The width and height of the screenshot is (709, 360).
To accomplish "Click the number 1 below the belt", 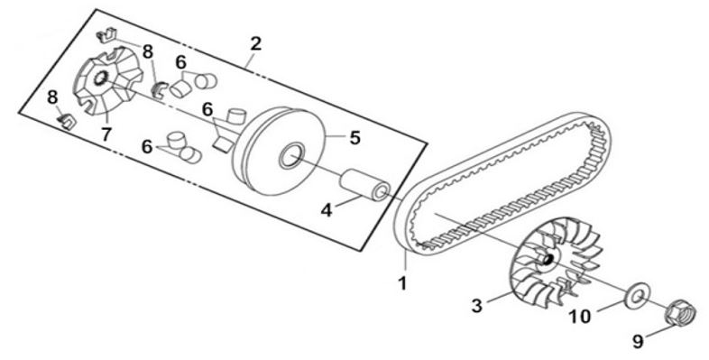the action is [x=402, y=284].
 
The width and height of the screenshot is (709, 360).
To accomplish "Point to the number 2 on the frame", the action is [x=255, y=44].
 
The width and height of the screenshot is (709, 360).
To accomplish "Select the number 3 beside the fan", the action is [x=477, y=306].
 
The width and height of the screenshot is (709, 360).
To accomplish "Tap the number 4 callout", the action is [x=327, y=210].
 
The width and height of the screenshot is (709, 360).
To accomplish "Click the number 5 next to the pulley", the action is [x=355, y=138].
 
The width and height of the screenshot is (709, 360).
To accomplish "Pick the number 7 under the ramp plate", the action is [x=106, y=134].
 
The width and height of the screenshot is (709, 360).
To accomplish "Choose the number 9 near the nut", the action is [x=637, y=341].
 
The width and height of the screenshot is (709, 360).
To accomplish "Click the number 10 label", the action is [x=580, y=317].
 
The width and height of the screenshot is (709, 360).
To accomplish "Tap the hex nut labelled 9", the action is [x=681, y=312].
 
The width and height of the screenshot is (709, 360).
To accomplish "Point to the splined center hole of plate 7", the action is [x=100, y=78].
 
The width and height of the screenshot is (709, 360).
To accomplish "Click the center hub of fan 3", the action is [x=547, y=259].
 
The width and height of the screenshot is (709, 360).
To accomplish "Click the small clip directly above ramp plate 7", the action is [x=106, y=35].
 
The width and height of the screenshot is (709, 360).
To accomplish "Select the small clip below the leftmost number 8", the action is [x=67, y=121].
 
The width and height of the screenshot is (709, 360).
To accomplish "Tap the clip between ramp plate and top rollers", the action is [x=159, y=88].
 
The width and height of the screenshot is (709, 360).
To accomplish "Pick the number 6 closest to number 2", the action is [x=180, y=62].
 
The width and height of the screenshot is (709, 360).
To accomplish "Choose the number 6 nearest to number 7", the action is [x=146, y=147].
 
